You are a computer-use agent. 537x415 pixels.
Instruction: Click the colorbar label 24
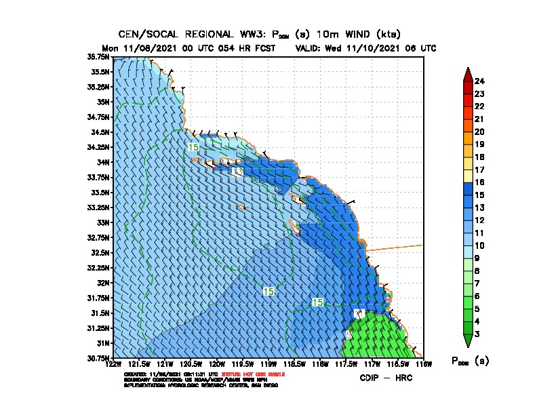[479, 81]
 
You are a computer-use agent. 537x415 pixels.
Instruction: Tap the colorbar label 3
[477, 334]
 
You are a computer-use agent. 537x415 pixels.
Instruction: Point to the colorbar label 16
[479, 182]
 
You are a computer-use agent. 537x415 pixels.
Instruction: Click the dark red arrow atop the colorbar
[467, 74]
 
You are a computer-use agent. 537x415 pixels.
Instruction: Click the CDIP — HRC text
[385, 377]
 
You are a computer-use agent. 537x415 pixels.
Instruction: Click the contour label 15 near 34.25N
[193, 147]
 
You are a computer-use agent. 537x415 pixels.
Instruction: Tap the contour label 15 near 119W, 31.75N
[268, 291]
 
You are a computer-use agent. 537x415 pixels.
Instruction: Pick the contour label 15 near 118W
[317, 302]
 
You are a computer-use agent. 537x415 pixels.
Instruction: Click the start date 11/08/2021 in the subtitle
[159, 48]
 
